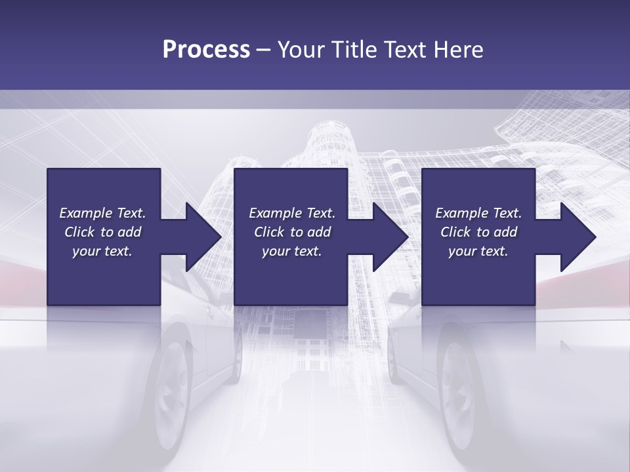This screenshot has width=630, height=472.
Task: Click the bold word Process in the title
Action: [206, 50]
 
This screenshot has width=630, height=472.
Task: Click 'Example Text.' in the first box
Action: [102, 213]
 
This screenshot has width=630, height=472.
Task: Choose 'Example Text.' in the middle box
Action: [292, 213]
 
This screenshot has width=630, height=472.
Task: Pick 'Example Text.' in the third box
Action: [478, 213]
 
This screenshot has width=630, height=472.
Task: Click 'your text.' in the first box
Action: [102, 251]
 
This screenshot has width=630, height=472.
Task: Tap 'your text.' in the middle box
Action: [292, 251]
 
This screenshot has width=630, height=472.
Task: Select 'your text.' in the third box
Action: [478, 251]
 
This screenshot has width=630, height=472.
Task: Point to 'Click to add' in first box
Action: [102, 232]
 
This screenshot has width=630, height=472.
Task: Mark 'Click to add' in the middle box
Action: [292, 232]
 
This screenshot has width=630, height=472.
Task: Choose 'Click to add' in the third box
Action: [478, 232]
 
